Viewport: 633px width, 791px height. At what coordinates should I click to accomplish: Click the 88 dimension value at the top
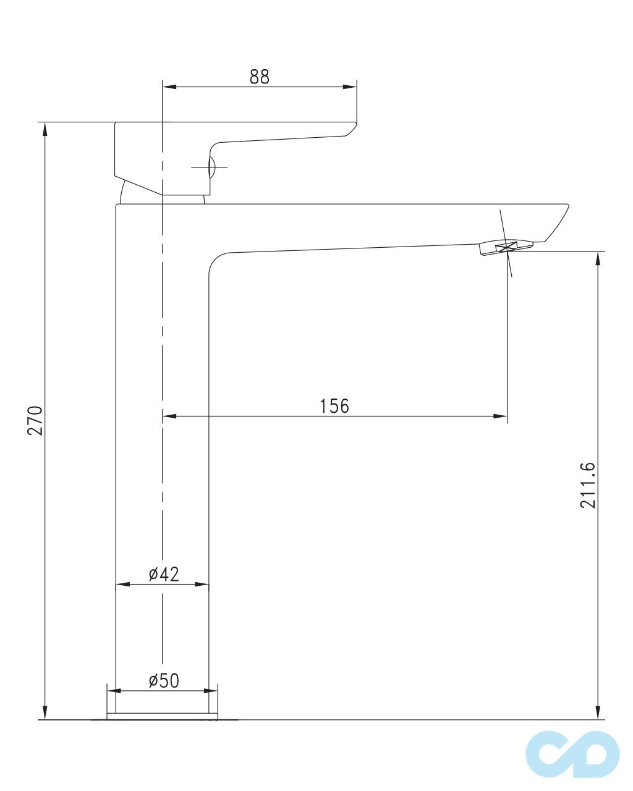tap(260, 77)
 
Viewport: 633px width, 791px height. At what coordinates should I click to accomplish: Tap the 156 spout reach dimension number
tap(334, 406)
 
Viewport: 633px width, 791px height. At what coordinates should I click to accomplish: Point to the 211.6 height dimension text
tap(588, 485)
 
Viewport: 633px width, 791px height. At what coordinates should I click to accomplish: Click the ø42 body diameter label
tap(164, 574)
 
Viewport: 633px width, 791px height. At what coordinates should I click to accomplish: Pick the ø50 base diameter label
tap(164, 681)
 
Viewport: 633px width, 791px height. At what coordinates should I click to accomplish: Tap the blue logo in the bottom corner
tap(572, 754)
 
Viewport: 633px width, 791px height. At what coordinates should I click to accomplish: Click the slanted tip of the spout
tap(556, 222)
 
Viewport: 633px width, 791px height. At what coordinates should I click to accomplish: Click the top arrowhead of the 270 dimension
tap(44, 129)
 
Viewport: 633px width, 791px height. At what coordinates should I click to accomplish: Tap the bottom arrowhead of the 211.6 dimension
tap(598, 713)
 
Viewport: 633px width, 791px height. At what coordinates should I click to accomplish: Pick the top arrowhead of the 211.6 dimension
tap(598, 258)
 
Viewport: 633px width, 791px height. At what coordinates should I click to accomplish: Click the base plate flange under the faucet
tap(163, 716)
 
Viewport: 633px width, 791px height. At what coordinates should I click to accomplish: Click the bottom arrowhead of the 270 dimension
tap(44, 713)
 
